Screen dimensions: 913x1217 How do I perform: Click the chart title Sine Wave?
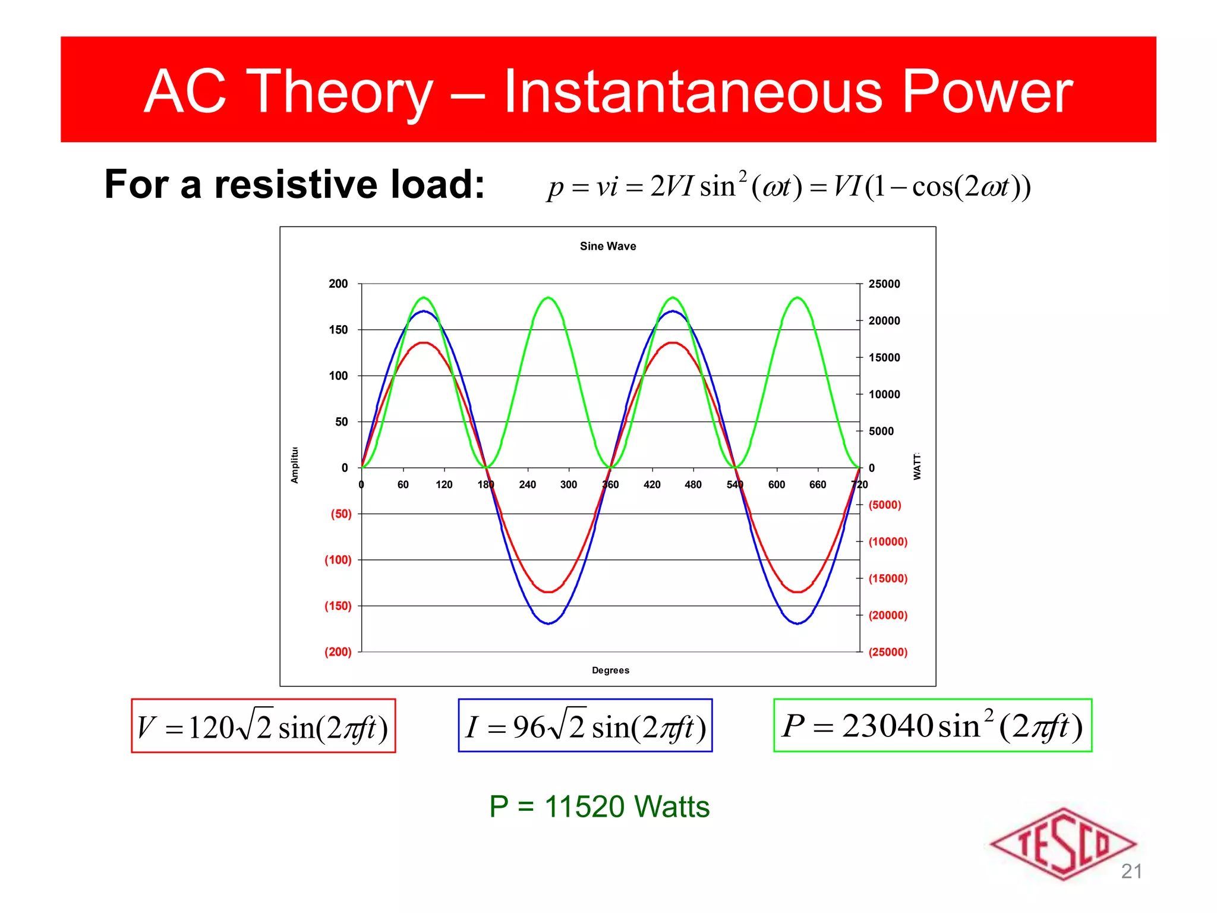click(x=607, y=246)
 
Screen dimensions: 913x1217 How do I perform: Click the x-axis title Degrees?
click(x=610, y=670)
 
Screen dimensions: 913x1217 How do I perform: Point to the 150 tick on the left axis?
click(x=338, y=329)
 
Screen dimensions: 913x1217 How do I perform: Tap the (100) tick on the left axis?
click(x=338, y=559)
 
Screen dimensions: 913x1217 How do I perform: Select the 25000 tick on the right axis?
click(x=884, y=284)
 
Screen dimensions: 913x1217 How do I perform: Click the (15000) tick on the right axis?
click(x=888, y=578)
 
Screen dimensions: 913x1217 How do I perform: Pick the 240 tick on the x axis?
click(x=527, y=484)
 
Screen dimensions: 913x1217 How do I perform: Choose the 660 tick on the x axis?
click(x=818, y=484)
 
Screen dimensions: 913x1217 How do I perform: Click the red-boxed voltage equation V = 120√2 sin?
click(x=263, y=726)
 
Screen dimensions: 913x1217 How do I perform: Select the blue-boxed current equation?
click(x=585, y=726)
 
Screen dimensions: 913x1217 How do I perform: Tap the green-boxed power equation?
click(x=932, y=726)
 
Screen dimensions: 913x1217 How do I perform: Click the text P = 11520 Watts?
click(x=599, y=807)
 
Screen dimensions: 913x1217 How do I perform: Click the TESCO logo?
click(x=1062, y=843)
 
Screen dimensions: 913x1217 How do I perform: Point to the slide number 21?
click(x=1131, y=871)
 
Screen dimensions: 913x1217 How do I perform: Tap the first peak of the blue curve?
click(x=424, y=311)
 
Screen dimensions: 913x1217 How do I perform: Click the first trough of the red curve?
click(x=548, y=592)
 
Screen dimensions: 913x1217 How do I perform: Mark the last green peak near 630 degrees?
click(x=797, y=297)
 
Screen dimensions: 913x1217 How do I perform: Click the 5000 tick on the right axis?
click(x=881, y=431)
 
